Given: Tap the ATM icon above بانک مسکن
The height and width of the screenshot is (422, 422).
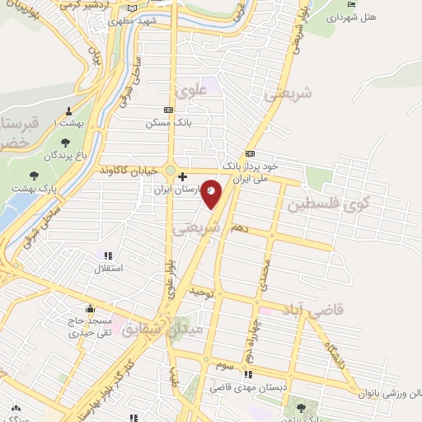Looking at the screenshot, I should [169, 110].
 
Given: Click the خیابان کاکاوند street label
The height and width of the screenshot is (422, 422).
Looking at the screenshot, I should [130, 170].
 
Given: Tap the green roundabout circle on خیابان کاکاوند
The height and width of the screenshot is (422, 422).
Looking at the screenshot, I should [170, 171].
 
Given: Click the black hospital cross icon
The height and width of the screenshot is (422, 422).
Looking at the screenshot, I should [183, 176].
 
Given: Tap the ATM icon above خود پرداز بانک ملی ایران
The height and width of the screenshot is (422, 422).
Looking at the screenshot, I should [249, 153].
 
